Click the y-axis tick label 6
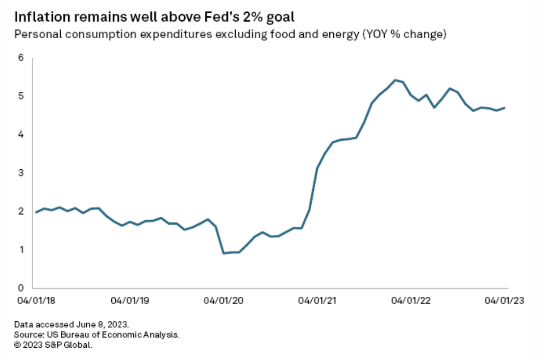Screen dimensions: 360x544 click(x=21, y=57)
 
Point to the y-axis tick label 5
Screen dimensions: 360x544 click(x=21, y=96)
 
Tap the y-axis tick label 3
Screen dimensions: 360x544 click(x=21, y=173)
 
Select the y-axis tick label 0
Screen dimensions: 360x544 click(x=21, y=288)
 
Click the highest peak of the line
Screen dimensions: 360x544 click(x=395, y=79)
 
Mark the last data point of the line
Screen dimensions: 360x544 click(x=505, y=108)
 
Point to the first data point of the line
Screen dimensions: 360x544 click(x=36, y=212)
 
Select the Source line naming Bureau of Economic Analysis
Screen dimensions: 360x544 click(x=97, y=335)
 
